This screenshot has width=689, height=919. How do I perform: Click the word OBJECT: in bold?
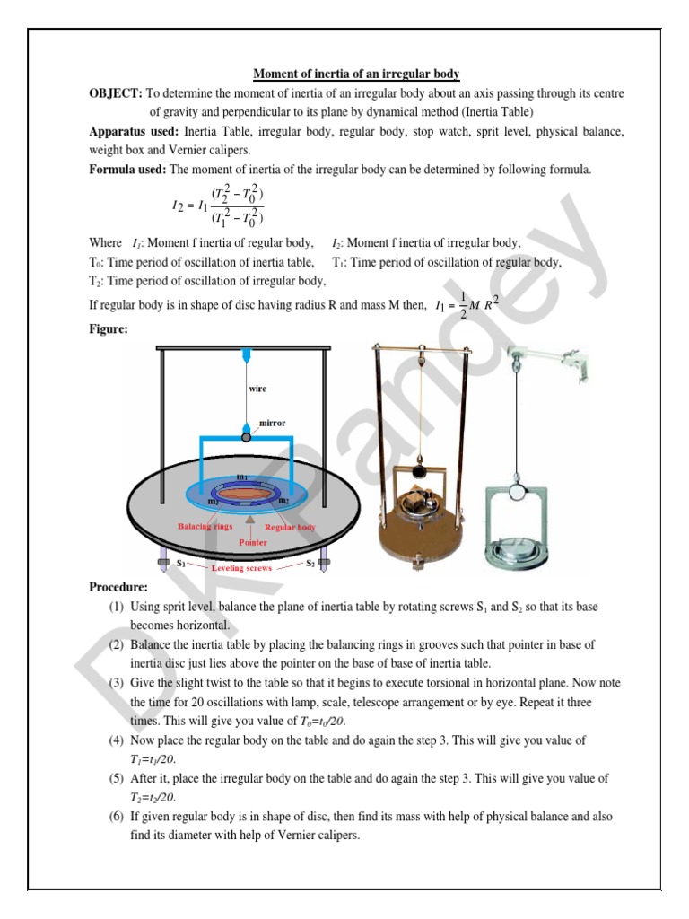pyautogui.click(x=116, y=93)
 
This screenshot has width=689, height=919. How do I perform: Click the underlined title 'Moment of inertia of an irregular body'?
pyautogui.click(x=356, y=74)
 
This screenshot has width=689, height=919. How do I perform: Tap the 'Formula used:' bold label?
pyautogui.click(x=127, y=169)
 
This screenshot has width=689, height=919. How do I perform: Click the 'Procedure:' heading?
pyautogui.click(x=118, y=587)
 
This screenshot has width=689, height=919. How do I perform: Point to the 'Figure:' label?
pyautogui.click(x=109, y=329)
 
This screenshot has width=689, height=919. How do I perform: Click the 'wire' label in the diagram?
pyautogui.click(x=257, y=389)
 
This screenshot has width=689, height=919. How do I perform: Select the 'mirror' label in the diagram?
pyautogui.click(x=272, y=421)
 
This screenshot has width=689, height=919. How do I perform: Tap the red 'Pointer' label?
pyautogui.click(x=253, y=543)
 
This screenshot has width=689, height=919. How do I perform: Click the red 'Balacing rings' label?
pyautogui.click(x=206, y=527)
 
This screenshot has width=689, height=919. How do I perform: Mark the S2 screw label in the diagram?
pyautogui.click(x=310, y=564)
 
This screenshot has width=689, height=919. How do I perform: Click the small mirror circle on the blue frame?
pyautogui.click(x=246, y=436)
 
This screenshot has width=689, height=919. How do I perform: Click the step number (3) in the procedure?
pyautogui.click(x=117, y=684)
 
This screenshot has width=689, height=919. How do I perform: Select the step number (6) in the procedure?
pyautogui.click(x=117, y=818)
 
